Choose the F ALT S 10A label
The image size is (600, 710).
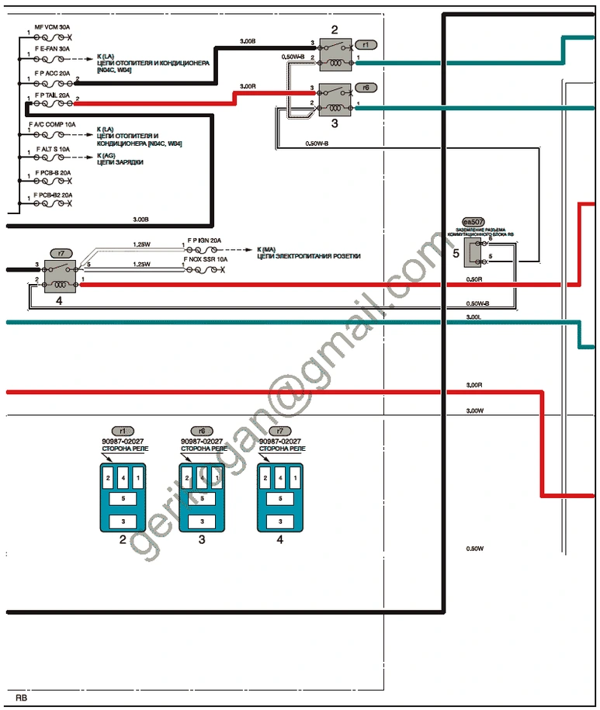coord(53,148)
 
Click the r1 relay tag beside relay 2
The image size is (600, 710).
coord(366,45)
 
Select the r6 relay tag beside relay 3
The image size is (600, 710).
coord(366,88)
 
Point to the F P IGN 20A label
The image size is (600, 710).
coord(204,241)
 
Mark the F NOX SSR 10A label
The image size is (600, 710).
coord(206,259)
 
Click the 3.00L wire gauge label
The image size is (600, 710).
coord(473,317)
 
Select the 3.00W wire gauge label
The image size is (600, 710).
coord(474,410)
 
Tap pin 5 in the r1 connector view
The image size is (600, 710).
coord(123,498)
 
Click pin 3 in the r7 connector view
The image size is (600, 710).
coord(280,520)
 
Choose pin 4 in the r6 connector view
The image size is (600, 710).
coord(202,478)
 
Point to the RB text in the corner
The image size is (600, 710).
coord(21,697)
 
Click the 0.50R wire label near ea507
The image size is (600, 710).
coord(473,279)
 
